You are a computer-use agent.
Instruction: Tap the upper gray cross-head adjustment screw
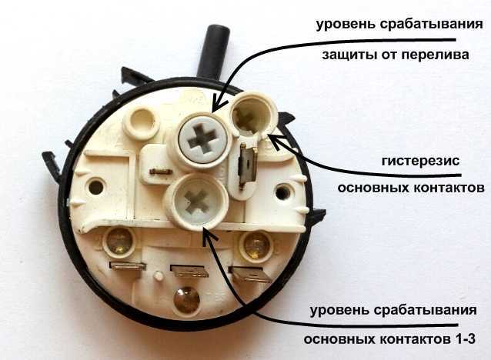203,138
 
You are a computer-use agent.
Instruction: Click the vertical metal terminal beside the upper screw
247,166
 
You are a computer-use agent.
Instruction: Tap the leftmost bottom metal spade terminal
128,266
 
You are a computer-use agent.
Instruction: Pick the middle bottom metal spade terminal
189,271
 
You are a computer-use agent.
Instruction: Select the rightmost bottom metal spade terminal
250,274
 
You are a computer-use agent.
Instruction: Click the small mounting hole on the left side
96,187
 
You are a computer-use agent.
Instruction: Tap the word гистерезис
420,162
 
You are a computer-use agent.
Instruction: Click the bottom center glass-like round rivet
187,299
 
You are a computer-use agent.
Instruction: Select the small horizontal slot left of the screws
161,171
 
